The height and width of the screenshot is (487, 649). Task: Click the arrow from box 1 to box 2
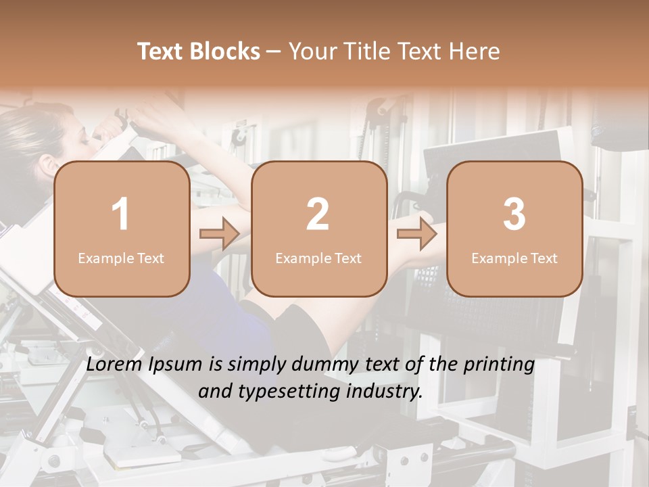(x=220, y=235)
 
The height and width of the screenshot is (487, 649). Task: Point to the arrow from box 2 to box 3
(x=417, y=235)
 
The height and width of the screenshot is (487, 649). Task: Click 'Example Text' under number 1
(x=121, y=258)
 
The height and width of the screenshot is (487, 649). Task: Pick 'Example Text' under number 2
(x=318, y=258)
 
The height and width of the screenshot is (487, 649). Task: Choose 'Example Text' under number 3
(x=514, y=258)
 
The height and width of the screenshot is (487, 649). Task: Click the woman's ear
(x=47, y=165)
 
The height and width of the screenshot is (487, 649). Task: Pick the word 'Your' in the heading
(x=312, y=51)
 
